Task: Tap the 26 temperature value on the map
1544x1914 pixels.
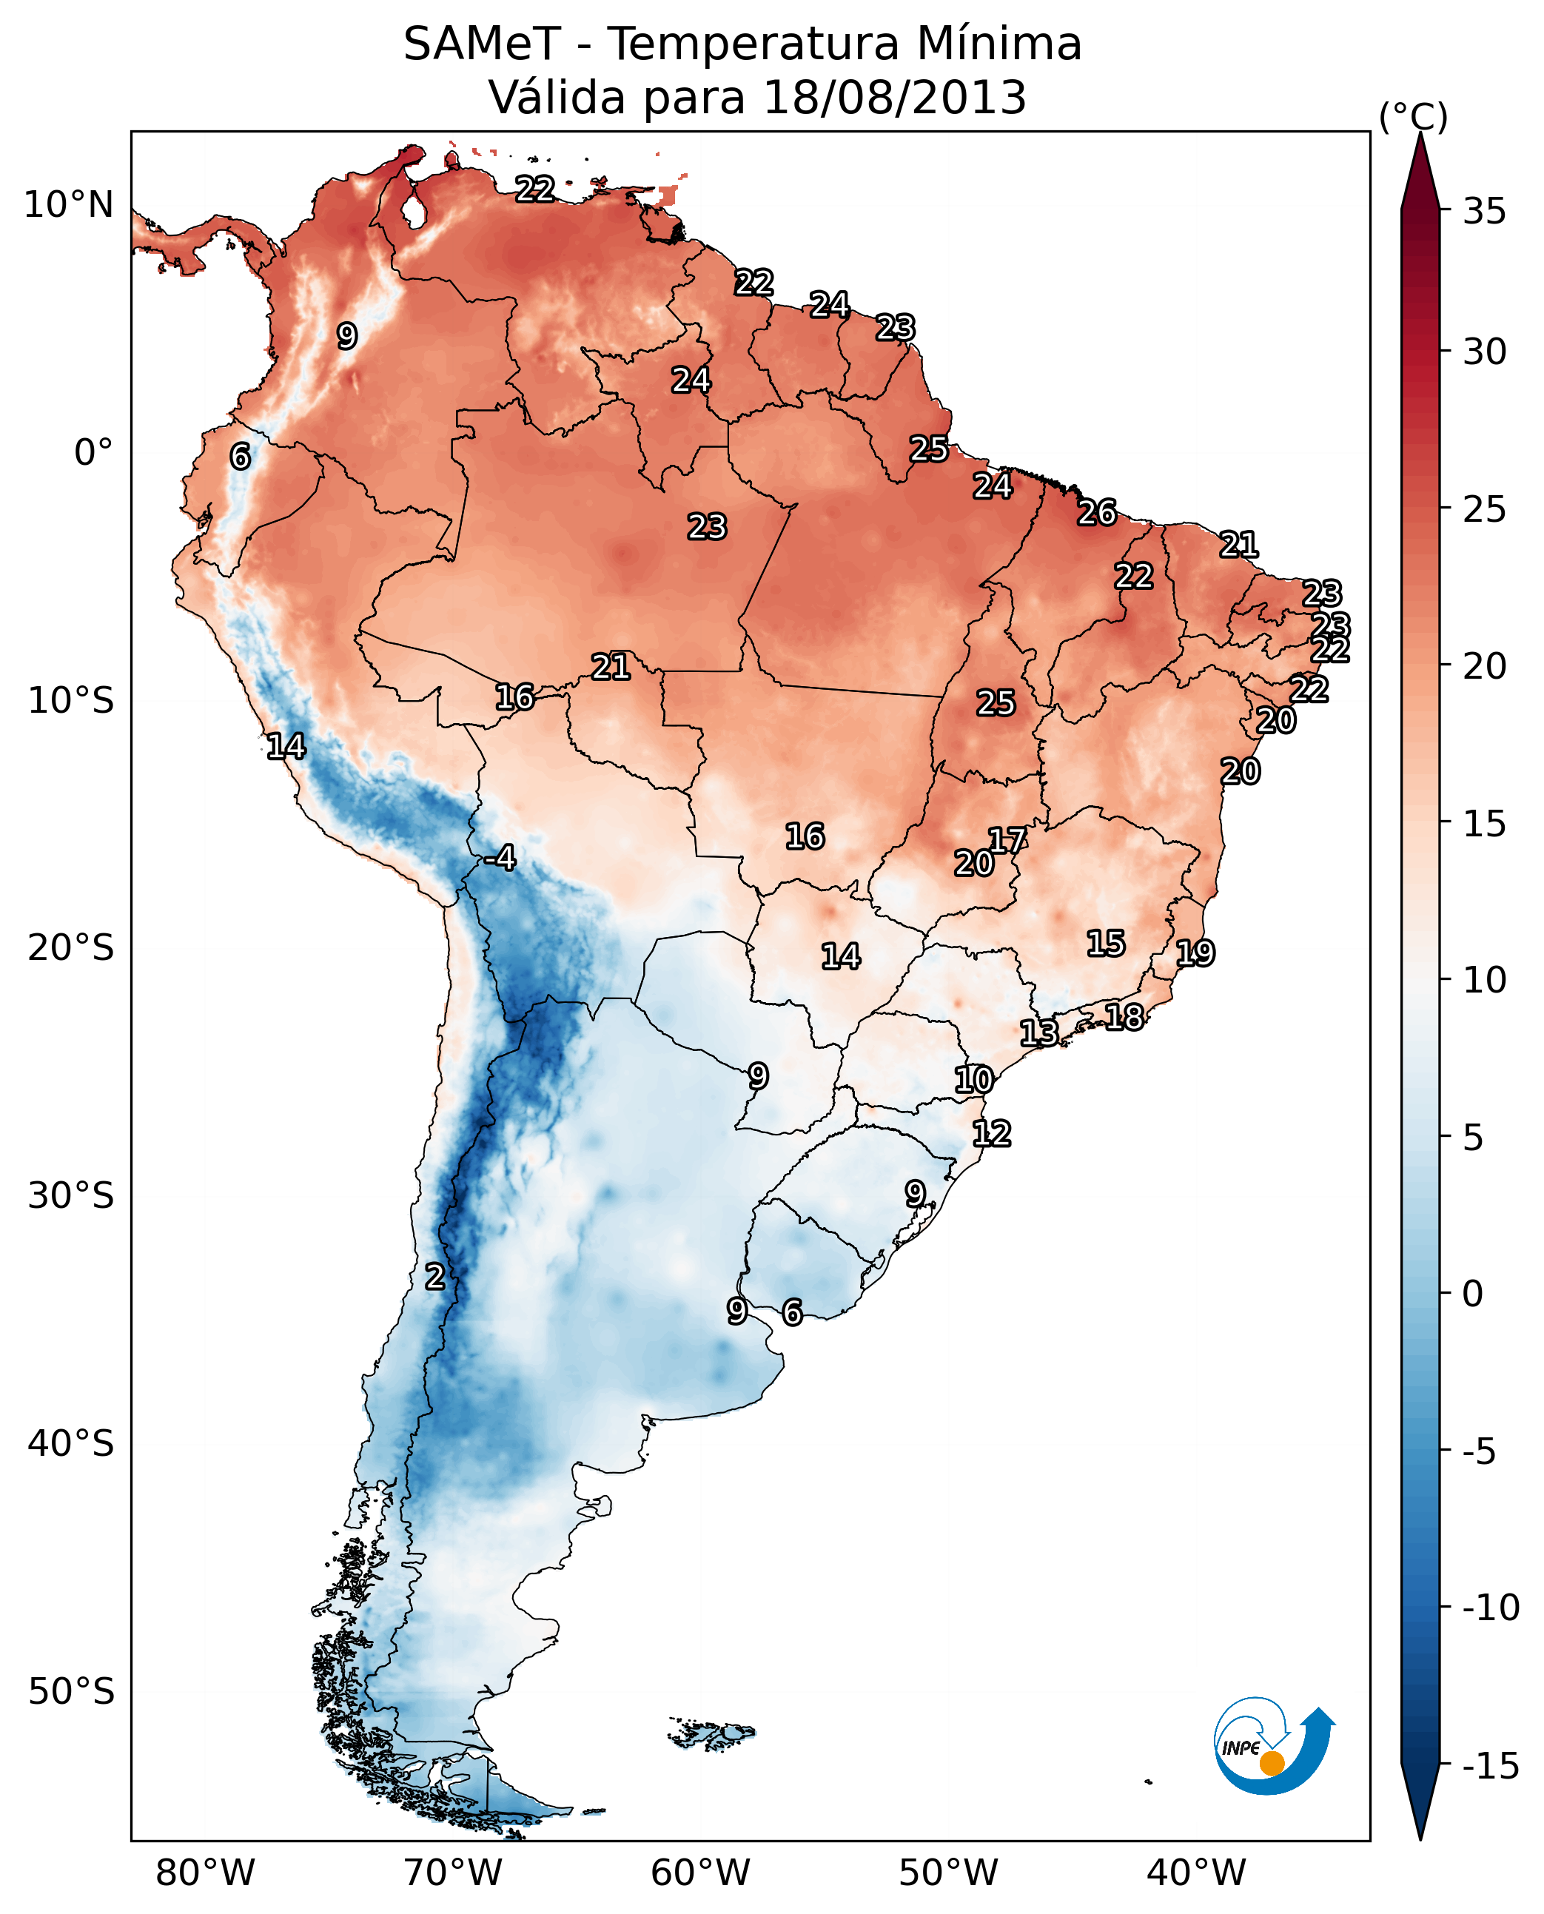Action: (1097, 513)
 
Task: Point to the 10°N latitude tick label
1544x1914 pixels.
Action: (69, 206)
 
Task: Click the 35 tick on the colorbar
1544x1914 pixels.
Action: (1484, 212)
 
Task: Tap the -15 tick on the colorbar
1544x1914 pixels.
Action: (1491, 1767)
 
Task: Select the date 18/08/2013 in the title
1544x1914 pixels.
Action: (895, 98)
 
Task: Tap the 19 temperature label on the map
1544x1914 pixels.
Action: (1195, 953)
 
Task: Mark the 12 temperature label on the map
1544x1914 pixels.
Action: (992, 1134)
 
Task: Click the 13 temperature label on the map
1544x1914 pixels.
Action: (1038, 1032)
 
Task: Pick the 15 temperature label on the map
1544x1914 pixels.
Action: (1106, 944)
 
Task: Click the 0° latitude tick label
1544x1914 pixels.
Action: (93, 453)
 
